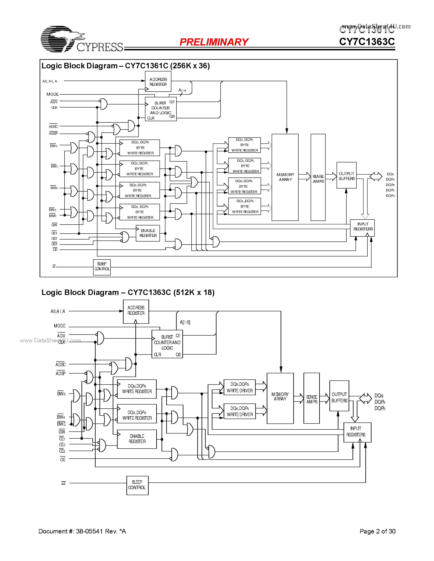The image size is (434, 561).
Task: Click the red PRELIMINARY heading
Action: tap(214, 42)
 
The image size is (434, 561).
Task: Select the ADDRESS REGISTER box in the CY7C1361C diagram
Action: tap(158, 82)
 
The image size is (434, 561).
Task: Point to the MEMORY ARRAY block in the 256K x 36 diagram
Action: tap(285, 177)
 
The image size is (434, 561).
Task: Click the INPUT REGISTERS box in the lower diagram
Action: tap(357, 432)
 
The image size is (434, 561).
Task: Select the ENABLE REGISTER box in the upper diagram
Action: tap(148, 233)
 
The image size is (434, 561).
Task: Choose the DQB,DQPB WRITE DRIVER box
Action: tap(239, 387)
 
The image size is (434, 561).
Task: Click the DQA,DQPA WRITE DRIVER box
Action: tap(239, 411)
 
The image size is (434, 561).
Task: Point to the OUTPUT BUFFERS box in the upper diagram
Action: tap(346, 175)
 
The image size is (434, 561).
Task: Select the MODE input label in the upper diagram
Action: tap(52, 94)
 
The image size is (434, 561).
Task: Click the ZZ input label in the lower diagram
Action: tap(64, 483)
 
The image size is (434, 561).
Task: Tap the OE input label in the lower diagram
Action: tap(63, 460)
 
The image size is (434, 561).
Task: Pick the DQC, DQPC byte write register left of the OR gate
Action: tap(140, 169)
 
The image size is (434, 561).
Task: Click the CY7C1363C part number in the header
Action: tap(367, 42)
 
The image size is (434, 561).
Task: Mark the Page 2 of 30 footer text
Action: tap(377, 531)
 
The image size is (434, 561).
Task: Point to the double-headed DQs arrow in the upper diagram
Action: tap(376, 176)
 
